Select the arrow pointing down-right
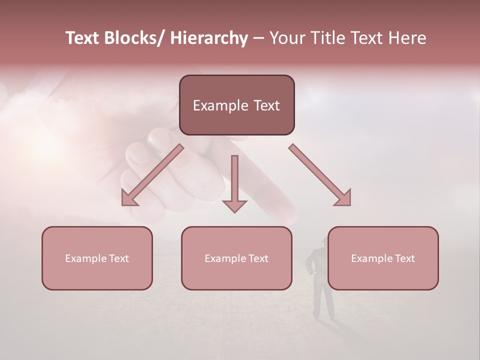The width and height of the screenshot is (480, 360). click(x=320, y=175)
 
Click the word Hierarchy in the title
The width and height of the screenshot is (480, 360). click(x=208, y=38)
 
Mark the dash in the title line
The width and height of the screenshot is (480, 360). click(x=258, y=38)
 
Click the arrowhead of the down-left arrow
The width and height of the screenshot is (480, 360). click(x=128, y=198)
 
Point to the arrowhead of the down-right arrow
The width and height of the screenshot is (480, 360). click(x=344, y=198)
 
